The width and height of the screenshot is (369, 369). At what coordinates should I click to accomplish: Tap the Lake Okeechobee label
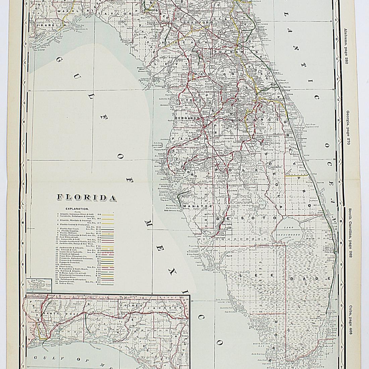click(290, 230)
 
